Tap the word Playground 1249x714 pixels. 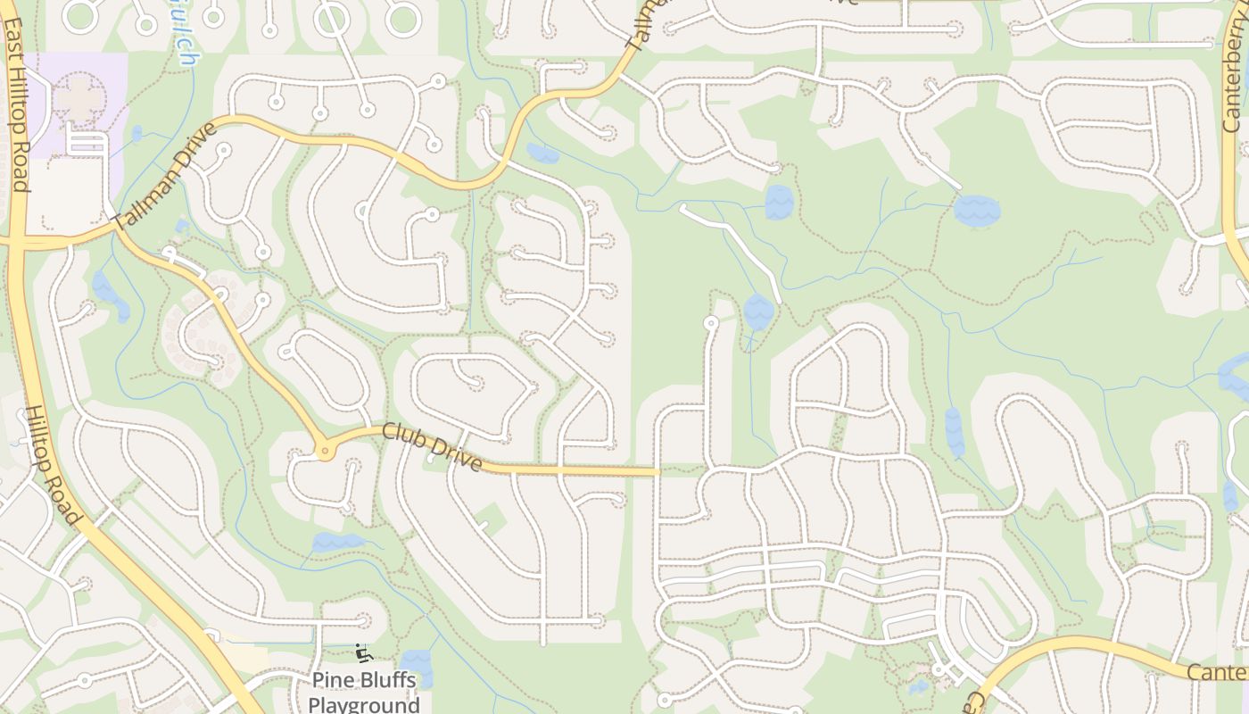coord(364,705)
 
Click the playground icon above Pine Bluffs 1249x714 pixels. coord(362,653)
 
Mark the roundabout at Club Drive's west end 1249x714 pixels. coord(325,452)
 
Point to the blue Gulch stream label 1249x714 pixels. coord(186,45)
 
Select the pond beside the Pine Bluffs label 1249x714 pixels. coord(417,668)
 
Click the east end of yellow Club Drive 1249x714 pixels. coord(657,471)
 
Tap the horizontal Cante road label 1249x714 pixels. coord(1218,671)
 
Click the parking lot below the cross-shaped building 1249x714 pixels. coord(86,142)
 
